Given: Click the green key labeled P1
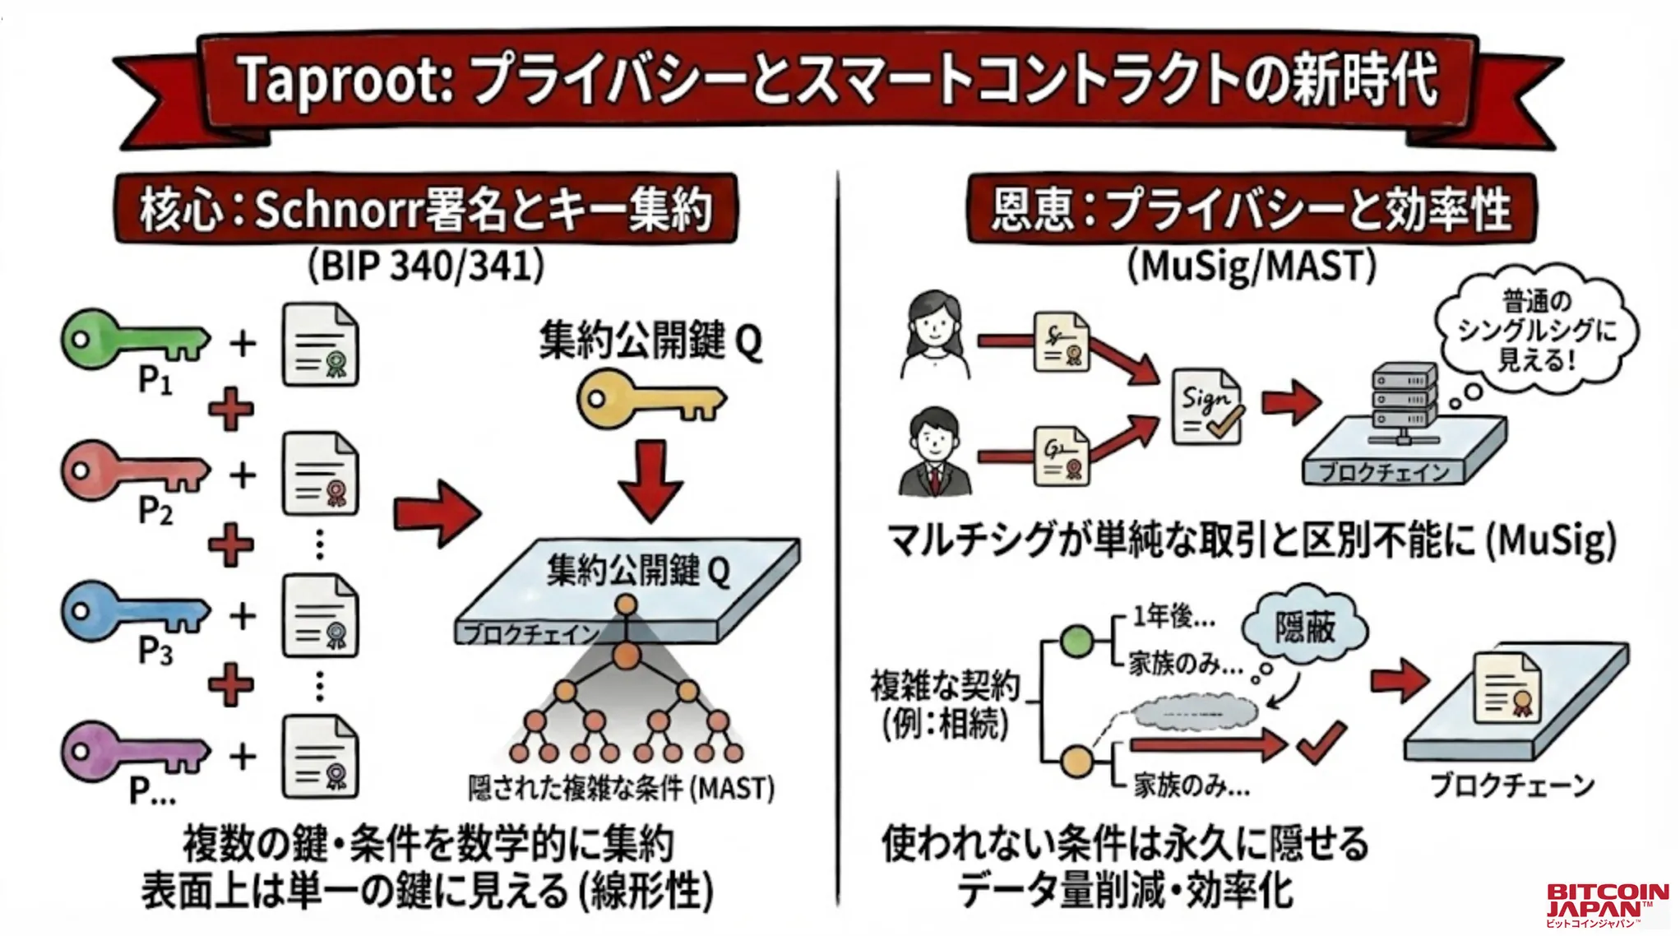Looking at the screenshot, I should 132,339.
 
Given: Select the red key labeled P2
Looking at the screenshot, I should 132,471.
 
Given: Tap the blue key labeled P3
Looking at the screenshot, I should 132,612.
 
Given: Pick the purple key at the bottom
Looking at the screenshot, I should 132,750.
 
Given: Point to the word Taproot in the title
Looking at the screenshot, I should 345,81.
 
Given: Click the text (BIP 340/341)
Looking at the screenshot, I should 426,266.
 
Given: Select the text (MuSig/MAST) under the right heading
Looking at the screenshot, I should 1251,266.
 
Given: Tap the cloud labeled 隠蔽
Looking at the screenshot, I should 1305,628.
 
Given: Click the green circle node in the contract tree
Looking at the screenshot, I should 1076,642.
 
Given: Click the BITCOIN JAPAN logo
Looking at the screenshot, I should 1607,905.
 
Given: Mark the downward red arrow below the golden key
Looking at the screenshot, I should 650,481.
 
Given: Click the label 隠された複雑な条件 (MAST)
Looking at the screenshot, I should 621,789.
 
